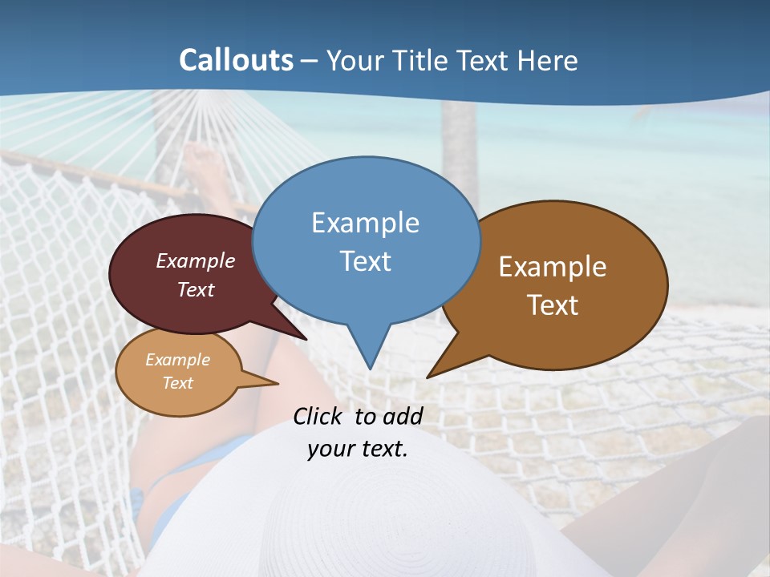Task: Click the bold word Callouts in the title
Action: tap(236, 60)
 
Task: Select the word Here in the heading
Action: tap(548, 60)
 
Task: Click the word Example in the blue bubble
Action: tap(365, 222)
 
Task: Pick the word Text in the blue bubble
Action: tap(365, 260)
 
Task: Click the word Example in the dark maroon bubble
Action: tap(196, 260)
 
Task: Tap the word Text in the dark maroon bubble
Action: tap(196, 289)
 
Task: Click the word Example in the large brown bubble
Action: tap(553, 266)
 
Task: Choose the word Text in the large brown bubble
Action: tap(553, 305)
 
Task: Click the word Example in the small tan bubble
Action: tap(177, 360)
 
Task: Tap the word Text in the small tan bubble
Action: tap(177, 383)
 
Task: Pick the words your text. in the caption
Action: tap(357, 449)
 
